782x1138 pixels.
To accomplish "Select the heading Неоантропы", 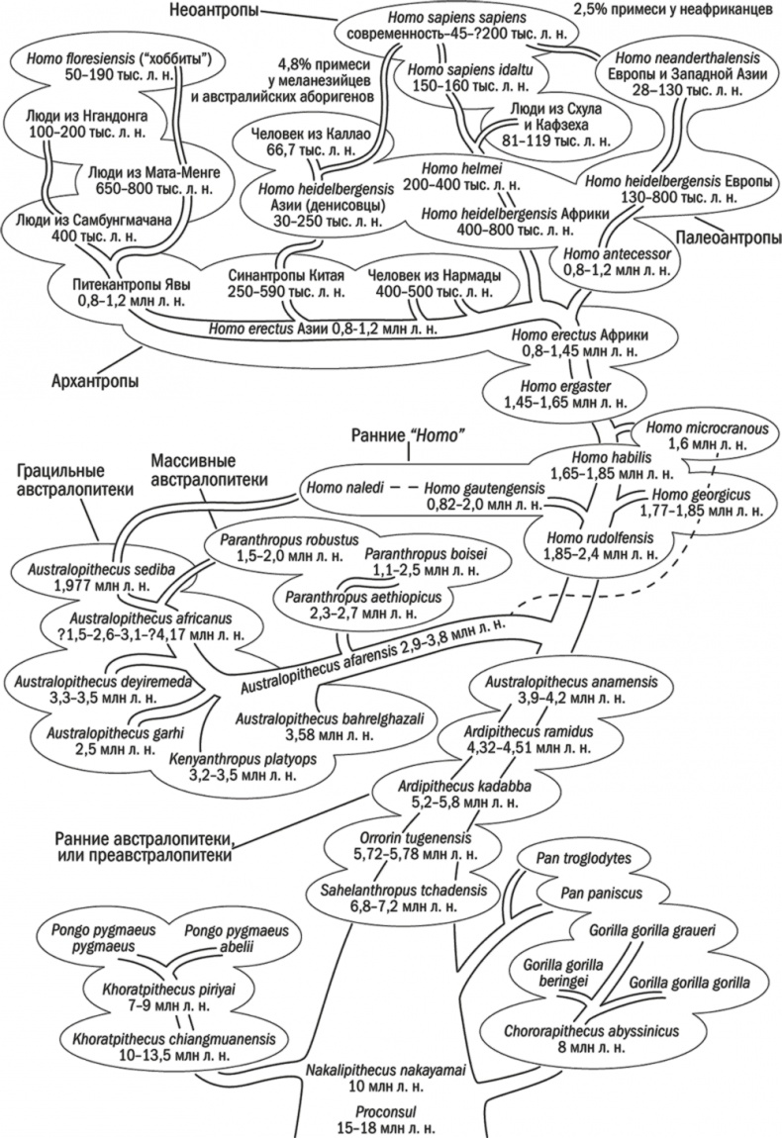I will pos(218,12).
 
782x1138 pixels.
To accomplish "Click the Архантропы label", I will pos(89,381).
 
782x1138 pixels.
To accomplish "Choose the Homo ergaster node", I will pos(560,384).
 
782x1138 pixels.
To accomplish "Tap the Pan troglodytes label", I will pos(588,857).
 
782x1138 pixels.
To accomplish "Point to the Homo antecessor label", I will pos(617,252).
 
